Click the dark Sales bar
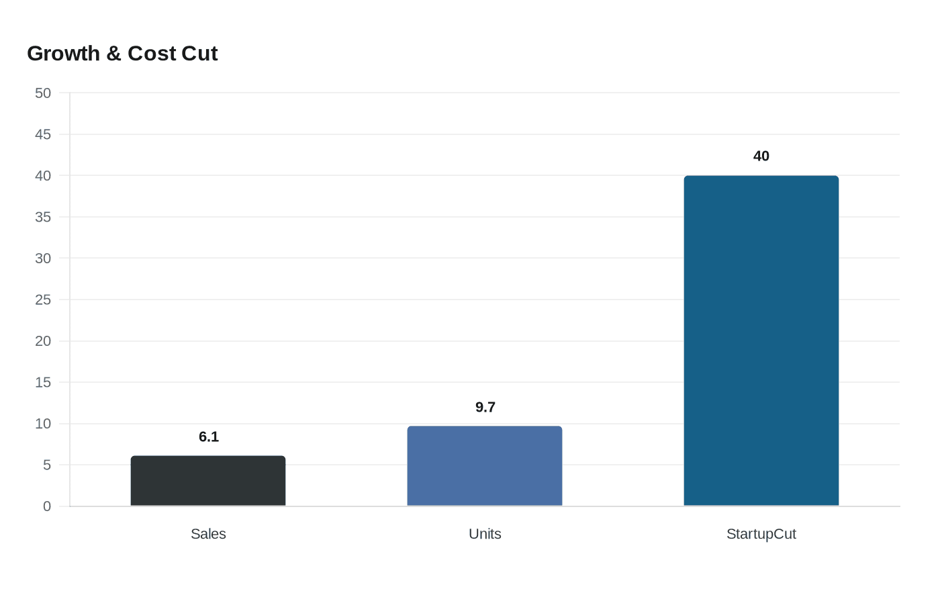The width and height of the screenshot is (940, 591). point(208,481)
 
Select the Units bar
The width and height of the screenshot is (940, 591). point(485,466)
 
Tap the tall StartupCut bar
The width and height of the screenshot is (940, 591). point(761,340)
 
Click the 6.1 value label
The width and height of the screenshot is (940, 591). point(209,437)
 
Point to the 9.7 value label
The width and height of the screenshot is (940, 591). point(485,408)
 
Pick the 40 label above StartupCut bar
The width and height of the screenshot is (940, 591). point(761,156)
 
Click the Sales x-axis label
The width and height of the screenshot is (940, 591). point(208,534)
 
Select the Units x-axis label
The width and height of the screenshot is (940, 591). point(485,534)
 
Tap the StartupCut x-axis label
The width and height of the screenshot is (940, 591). point(761,534)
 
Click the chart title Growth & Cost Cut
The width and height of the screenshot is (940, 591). point(122,54)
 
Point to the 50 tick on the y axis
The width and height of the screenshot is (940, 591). point(43,93)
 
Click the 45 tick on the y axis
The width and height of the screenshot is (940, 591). point(43,134)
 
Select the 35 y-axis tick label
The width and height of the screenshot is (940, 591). point(43,217)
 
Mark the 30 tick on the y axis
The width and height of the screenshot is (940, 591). point(43,259)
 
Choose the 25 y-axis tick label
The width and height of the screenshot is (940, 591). point(43,300)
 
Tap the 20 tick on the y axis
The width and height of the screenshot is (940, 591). point(43,341)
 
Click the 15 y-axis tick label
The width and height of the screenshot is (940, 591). point(43,382)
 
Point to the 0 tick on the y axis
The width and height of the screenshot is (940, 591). point(47,506)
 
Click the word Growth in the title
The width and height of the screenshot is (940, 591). point(64,54)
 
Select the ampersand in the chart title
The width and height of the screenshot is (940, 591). point(113,54)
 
